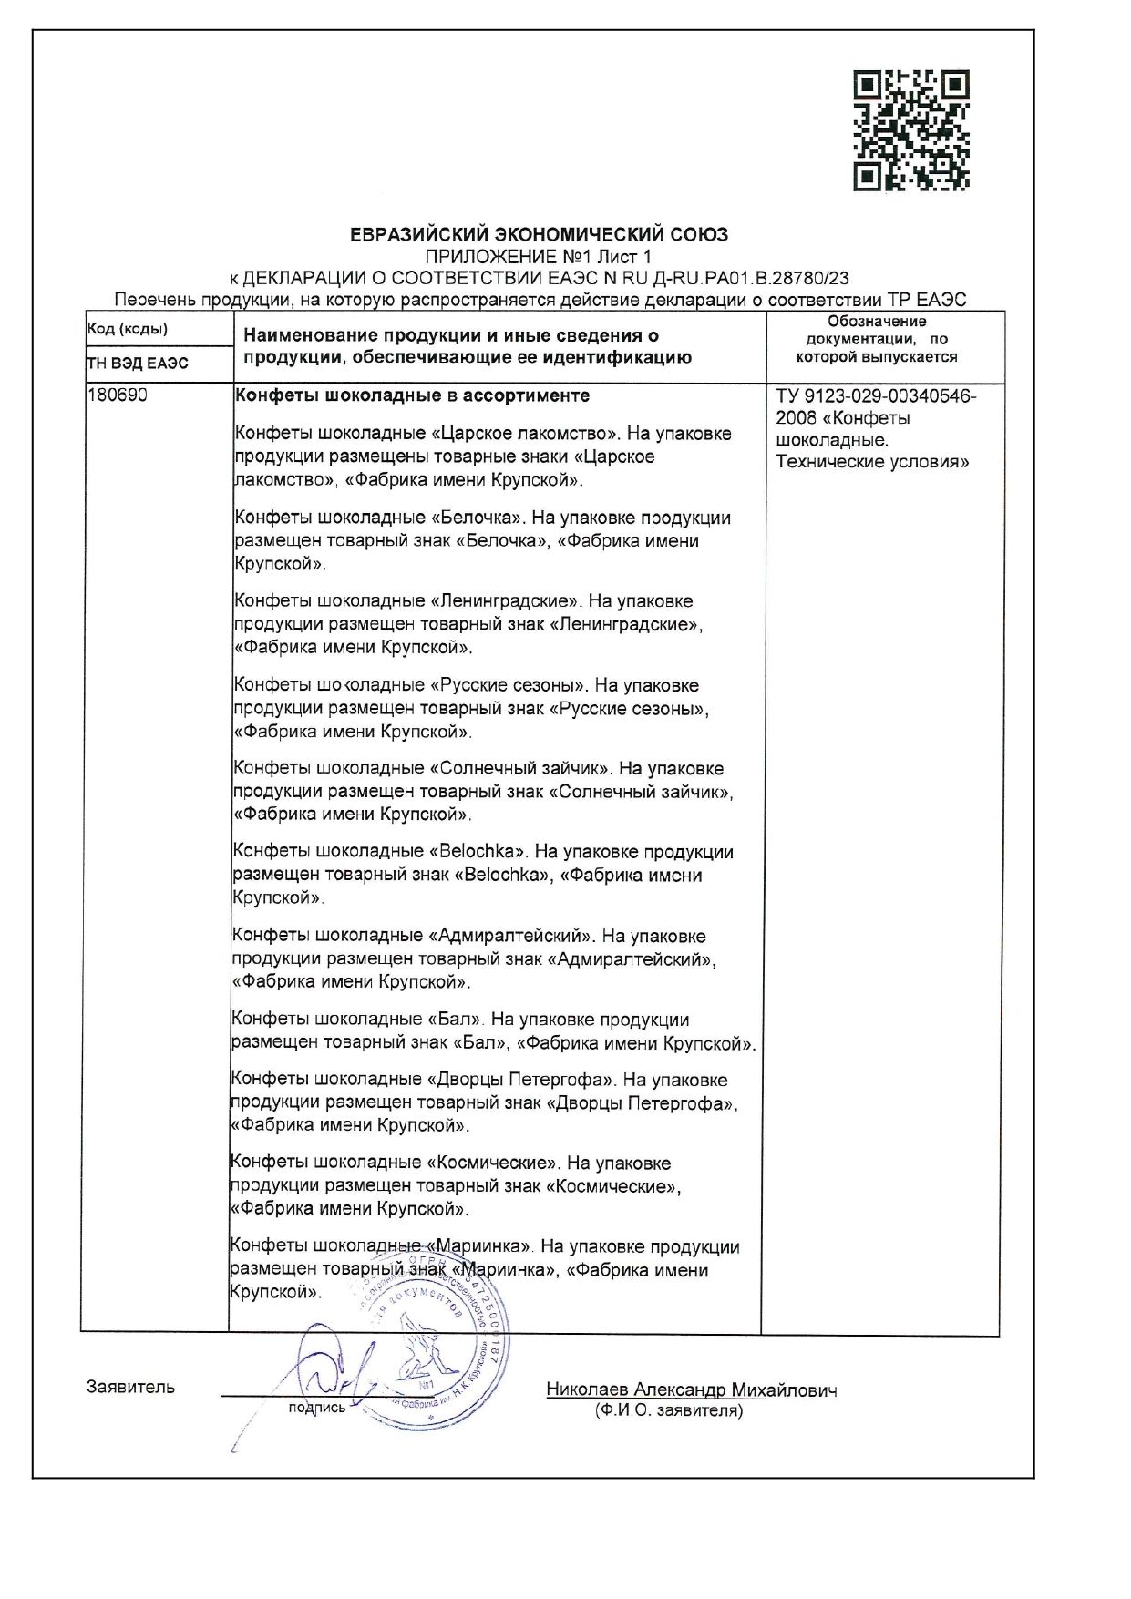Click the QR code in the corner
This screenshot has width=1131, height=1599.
(x=910, y=130)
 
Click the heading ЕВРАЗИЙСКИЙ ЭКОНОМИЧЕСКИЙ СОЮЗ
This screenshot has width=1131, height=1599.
(x=540, y=234)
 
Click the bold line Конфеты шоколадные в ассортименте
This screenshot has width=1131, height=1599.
(x=413, y=395)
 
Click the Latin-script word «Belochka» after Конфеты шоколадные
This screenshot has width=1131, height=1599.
(x=477, y=852)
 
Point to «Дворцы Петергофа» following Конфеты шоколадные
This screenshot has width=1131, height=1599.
(x=519, y=1081)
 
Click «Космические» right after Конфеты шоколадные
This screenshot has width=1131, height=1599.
(x=491, y=1163)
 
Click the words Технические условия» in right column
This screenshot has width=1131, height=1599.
(x=872, y=462)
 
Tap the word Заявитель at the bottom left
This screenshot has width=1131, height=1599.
(x=130, y=1388)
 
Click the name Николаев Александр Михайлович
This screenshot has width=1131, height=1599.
(x=692, y=1390)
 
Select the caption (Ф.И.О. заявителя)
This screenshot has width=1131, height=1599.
(x=668, y=1411)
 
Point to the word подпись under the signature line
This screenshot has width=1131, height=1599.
(x=316, y=1408)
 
